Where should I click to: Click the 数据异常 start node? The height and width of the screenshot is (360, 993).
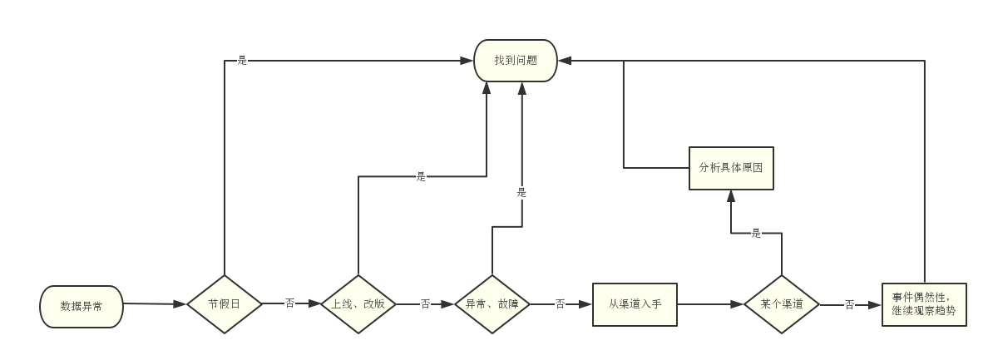click(82, 305)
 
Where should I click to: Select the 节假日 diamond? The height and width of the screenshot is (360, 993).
click(225, 304)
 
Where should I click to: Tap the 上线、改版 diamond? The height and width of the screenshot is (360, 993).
click(358, 304)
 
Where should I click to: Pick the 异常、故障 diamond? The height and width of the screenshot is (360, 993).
click(492, 304)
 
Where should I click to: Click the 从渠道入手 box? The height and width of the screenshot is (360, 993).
click(635, 304)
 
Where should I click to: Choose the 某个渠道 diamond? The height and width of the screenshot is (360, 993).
click(782, 304)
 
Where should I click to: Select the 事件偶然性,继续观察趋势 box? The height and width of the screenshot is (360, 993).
click(924, 304)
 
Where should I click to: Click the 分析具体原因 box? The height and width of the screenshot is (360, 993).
click(731, 167)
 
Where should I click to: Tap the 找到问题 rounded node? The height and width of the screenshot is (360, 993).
click(515, 61)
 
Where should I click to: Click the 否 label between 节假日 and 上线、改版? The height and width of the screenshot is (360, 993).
click(290, 304)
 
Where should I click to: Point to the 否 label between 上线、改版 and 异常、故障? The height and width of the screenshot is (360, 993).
click(425, 304)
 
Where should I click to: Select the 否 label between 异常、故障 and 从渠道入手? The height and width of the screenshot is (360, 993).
click(560, 304)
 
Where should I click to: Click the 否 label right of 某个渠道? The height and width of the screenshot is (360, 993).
click(849, 305)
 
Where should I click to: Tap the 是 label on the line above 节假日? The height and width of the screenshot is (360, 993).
click(243, 61)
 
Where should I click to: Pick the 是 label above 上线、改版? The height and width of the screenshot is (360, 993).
click(421, 176)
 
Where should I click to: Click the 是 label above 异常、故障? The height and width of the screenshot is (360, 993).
click(521, 193)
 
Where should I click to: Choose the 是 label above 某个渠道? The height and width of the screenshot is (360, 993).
click(756, 234)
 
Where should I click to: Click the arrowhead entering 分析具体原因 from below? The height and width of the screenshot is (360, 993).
click(731, 195)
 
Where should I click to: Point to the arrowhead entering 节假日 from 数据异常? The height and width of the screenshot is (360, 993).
click(180, 305)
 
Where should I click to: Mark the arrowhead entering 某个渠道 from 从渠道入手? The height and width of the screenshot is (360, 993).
click(737, 304)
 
